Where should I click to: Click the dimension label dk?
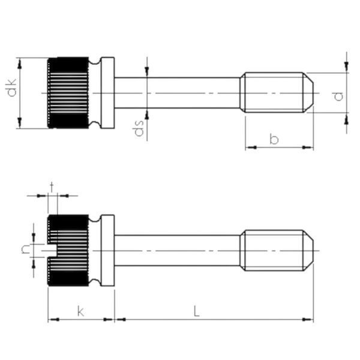tap(12, 87)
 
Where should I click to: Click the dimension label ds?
tap(138, 128)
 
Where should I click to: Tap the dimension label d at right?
tap(338, 96)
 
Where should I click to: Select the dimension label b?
tap(274, 139)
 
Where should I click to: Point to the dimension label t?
tap(52, 187)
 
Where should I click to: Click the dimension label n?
tap(25, 250)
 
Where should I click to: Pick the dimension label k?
tap(80, 311)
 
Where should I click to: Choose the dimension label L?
tap(196, 311)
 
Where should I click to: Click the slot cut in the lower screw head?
tap(53, 250)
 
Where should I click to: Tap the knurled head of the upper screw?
tap(68, 93)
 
